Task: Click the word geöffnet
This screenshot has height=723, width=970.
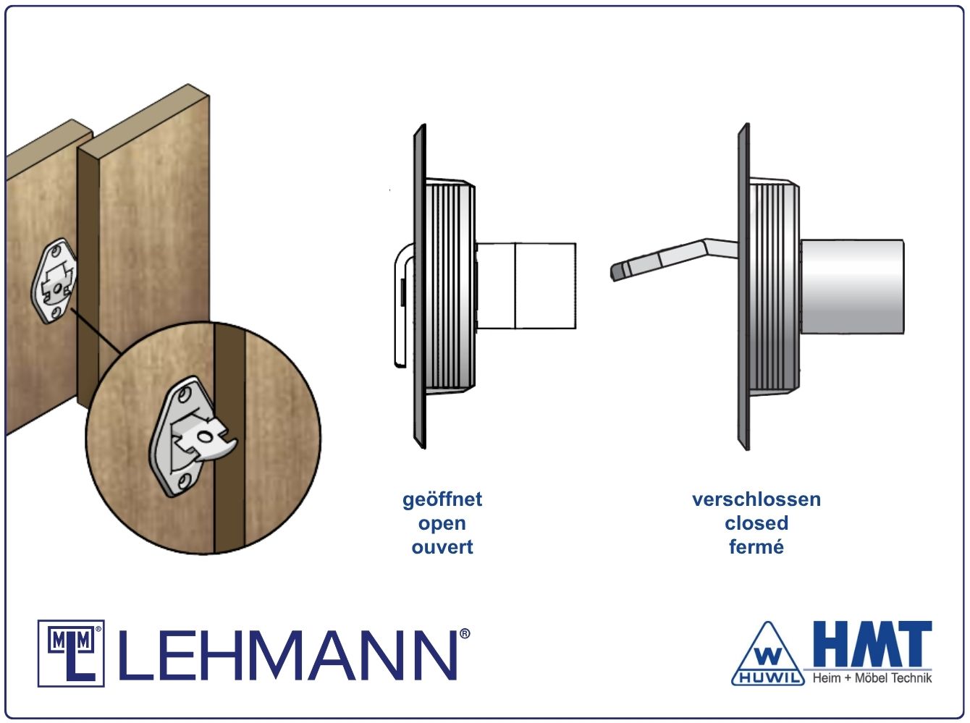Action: click(442, 499)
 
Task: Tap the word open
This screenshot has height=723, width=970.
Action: click(442, 524)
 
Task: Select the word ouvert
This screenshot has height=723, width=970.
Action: click(442, 547)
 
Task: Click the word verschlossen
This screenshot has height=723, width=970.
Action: click(756, 499)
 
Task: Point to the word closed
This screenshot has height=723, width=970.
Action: click(756, 523)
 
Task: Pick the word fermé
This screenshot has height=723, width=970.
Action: click(756, 547)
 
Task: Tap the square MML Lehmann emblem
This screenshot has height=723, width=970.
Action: click(71, 654)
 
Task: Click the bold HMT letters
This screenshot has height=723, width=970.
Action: click(872, 643)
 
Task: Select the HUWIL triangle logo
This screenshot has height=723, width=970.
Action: click(768, 654)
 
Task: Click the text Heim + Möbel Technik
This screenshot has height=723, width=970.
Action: click(872, 678)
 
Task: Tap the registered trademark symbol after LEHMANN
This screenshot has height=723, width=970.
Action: click(465, 634)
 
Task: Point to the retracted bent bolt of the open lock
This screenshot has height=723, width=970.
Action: click(403, 305)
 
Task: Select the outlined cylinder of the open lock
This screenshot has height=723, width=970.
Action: click(526, 286)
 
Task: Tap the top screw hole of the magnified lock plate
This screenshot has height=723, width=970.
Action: click(185, 394)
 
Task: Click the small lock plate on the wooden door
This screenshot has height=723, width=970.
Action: click(54, 282)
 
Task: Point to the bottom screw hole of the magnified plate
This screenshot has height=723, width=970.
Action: click(185, 479)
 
